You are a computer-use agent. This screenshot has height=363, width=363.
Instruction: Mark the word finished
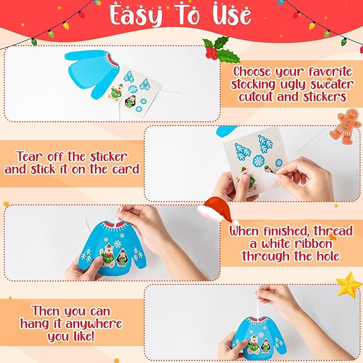290,231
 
